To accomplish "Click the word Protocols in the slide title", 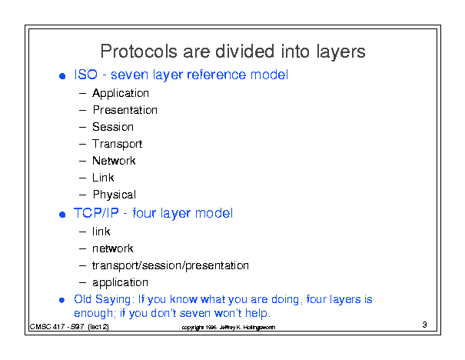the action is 139,52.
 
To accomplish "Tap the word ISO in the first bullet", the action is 86,75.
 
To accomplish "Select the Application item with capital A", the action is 121,94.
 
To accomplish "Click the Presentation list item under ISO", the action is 125,110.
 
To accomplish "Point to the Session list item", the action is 113,127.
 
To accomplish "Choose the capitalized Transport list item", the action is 117,145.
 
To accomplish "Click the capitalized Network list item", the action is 114,161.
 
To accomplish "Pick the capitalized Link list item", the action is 103,178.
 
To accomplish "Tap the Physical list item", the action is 115,195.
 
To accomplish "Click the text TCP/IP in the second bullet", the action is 96,213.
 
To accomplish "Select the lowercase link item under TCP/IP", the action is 101,232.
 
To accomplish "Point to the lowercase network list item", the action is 113,248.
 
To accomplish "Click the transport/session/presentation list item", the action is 171,265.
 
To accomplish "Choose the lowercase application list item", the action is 120,283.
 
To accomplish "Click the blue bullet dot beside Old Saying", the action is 62,300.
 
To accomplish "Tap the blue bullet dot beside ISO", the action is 62,76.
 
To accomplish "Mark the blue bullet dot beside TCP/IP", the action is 62,215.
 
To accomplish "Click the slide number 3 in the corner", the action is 425,325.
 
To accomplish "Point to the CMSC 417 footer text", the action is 69,327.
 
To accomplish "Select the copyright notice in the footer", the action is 228,328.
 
